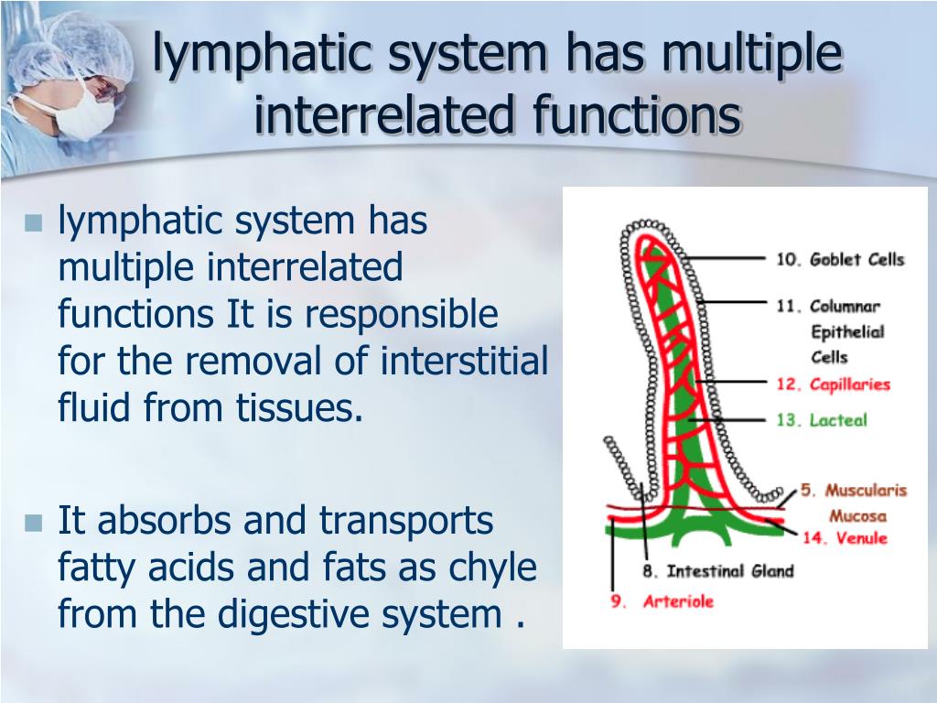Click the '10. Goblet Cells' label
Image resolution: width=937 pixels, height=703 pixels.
[840, 259]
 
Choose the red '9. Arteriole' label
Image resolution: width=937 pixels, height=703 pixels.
[662, 601]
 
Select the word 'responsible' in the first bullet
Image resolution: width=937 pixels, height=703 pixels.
[402, 315]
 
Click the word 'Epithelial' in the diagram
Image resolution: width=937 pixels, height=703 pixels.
[847, 331]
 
